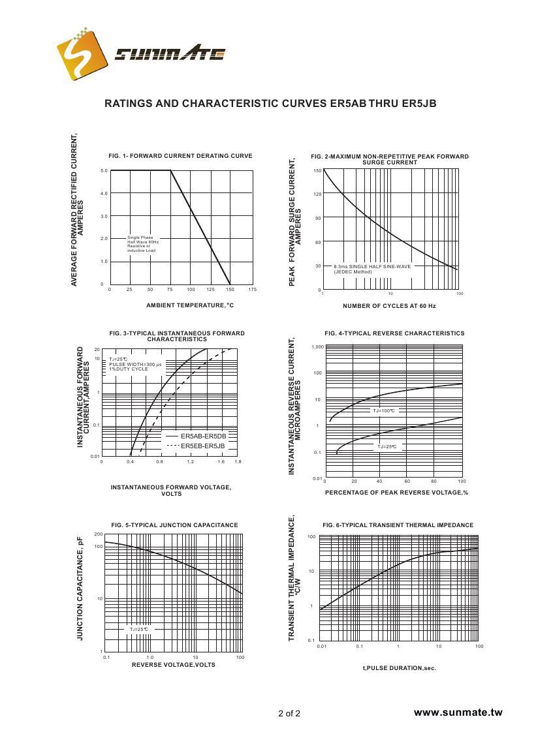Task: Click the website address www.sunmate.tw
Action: (458, 712)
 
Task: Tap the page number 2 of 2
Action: (289, 713)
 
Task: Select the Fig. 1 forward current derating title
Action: (180, 156)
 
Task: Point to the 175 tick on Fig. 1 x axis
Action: (252, 289)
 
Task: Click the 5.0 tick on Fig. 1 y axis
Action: (104, 171)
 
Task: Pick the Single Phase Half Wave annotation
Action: (143, 244)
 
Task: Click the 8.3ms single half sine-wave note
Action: (372, 269)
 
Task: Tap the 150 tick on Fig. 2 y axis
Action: (317, 171)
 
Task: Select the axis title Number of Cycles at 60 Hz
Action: (389, 306)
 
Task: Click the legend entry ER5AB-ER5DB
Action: (203, 436)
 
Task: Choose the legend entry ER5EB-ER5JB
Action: (202, 446)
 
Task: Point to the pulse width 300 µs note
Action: (135, 364)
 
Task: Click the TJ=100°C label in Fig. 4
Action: (384, 411)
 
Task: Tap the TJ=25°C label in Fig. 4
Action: (385, 447)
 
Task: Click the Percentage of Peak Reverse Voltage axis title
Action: (396, 493)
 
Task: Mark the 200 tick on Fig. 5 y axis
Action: (99, 534)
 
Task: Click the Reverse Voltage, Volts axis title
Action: (173, 665)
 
